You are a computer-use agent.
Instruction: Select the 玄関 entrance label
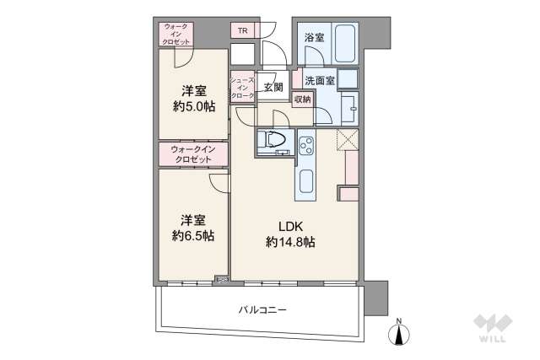click(x=272, y=86)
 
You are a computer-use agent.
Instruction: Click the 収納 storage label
click(x=302, y=99)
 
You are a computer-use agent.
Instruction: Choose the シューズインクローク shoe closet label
click(x=243, y=89)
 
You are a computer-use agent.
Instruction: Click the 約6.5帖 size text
click(x=192, y=235)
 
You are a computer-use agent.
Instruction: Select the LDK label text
click(x=290, y=225)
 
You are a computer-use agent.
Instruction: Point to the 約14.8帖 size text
click(x=290, y=242)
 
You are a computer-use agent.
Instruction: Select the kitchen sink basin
click(x=305, y=180)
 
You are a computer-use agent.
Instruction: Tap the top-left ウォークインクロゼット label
click(x=176, y=34)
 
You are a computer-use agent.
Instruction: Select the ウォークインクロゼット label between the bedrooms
click(x=193, y=154)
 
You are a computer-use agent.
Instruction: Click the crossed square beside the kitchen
click(x=346, y=140)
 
